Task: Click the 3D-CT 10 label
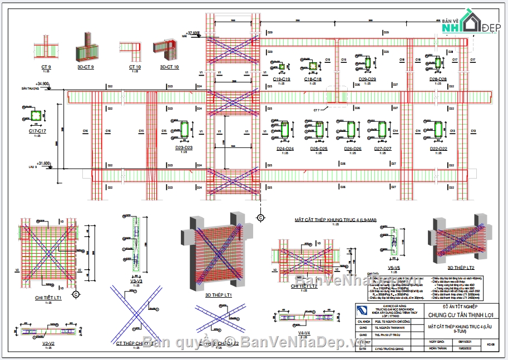(169, 67)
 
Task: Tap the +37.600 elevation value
(193, 33)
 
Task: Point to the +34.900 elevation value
(42, 84)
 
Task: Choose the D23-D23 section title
(184, 147)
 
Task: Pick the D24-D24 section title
(285, 149)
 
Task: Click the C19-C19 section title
(282, 79)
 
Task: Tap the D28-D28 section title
(438, 79)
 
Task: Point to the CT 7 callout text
(317, 110)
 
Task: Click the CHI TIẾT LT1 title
(48, 298)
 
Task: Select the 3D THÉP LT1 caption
(218, 294)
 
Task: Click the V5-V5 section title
(394, 268)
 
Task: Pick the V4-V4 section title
(304, 332)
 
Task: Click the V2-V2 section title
(48, 344)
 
